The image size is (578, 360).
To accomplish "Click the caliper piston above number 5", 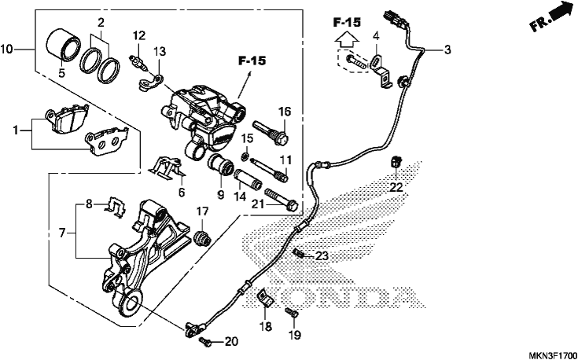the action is (x=63, y=45).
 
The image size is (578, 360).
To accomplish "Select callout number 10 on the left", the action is (x=7, y=49).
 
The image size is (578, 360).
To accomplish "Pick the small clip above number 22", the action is (x=396, y=161).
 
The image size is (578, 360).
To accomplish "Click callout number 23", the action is (x=322, y=256).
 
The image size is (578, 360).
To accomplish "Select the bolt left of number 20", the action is (x=205, y=342).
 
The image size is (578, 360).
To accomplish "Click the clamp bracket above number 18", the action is (x=265, y=298).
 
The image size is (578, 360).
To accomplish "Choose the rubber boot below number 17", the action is (x=202, y=238).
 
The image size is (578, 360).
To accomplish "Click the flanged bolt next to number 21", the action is (x=281, y=199).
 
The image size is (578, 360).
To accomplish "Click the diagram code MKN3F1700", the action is (x=552, y=355).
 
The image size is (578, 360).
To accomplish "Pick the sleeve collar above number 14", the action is (x=247, y=179).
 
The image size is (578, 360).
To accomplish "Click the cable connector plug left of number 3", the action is (x=395, y=19).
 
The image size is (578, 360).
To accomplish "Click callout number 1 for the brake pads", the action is (x=16, y=130).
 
